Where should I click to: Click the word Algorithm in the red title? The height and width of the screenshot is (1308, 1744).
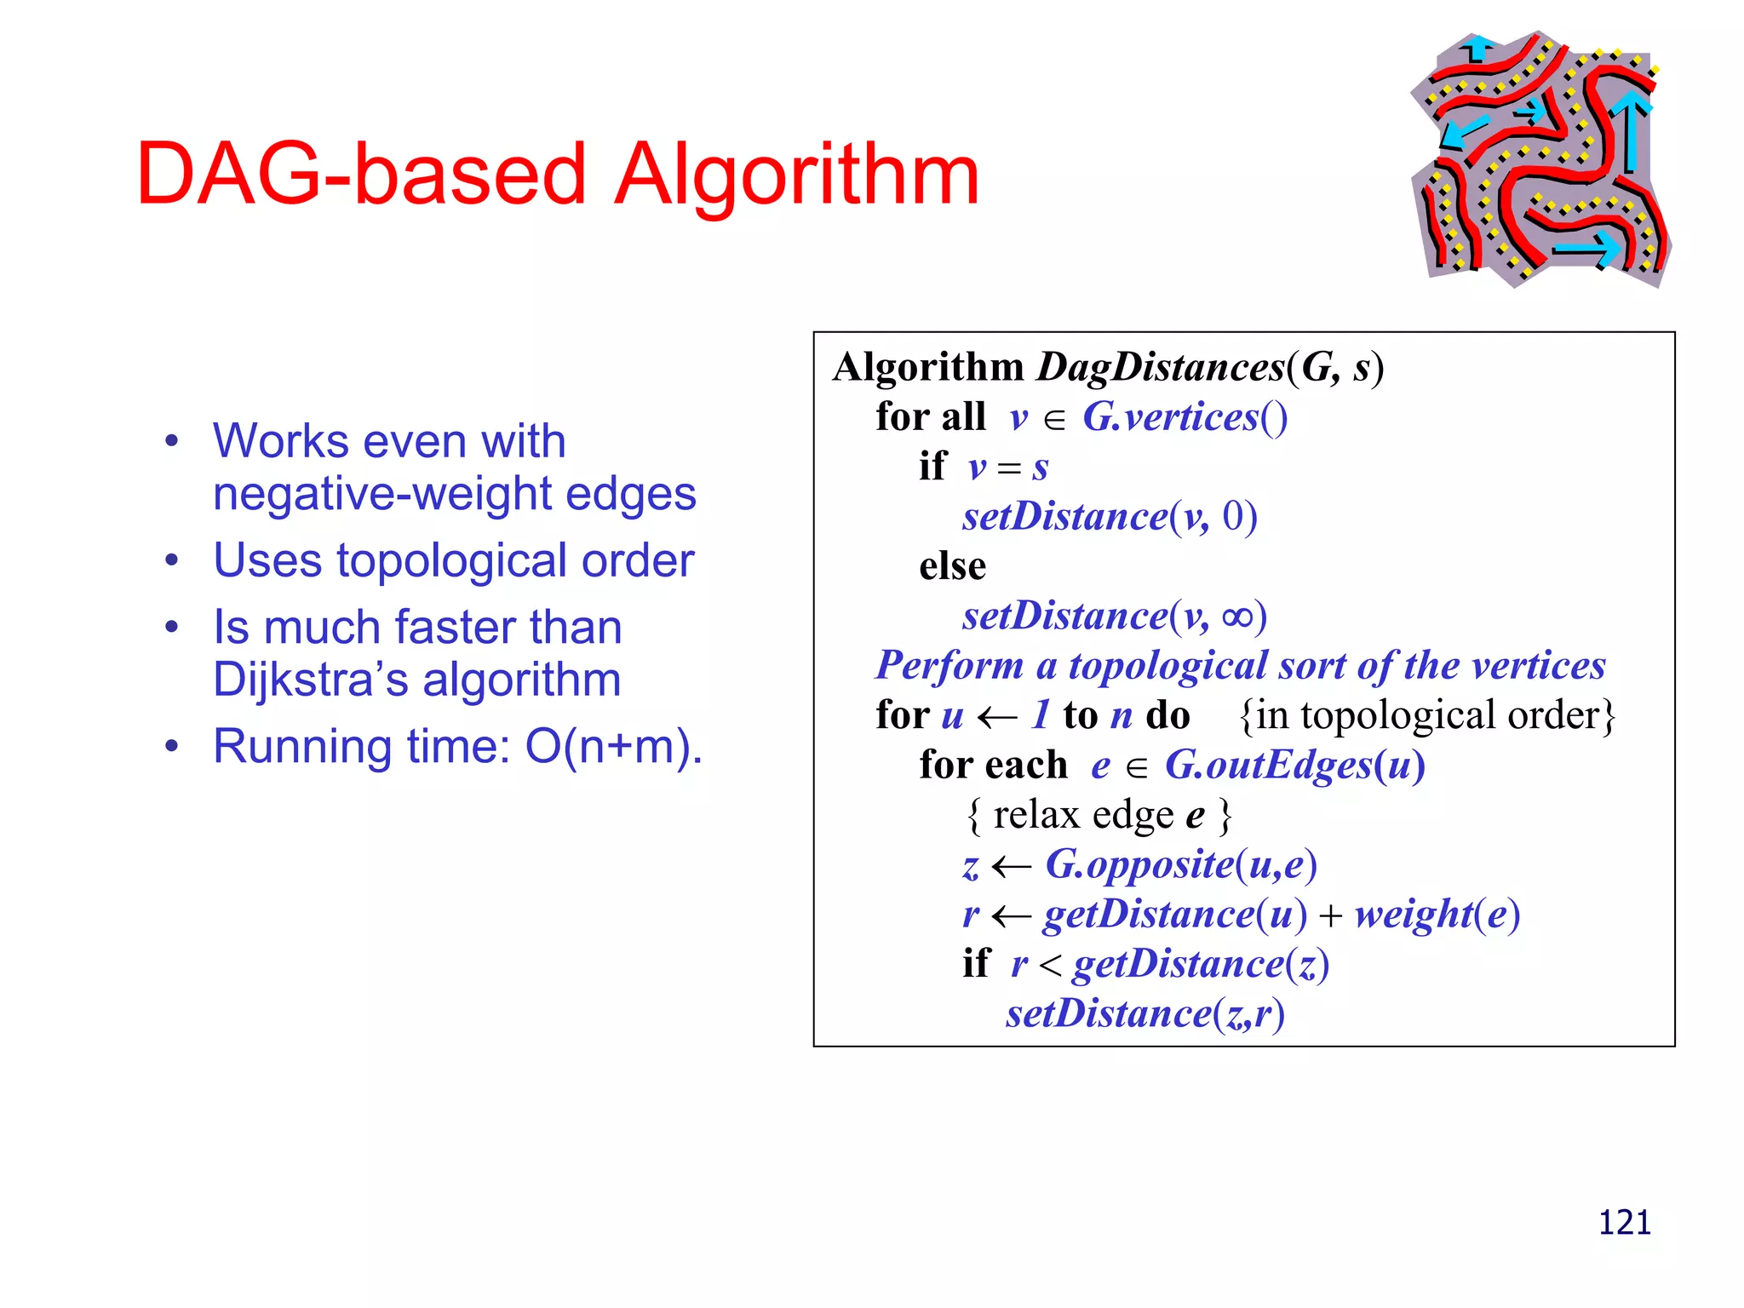coord(796,175)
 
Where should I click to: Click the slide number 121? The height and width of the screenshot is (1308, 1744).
coord(1624,1223)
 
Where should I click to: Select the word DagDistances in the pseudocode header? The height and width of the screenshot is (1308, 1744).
coord(1161,367)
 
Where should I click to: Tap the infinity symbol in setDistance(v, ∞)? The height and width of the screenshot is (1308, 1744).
coord(1237,616)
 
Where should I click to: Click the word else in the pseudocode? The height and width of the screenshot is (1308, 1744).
coord(952,566)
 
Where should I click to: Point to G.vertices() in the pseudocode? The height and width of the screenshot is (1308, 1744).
coord(1185,417)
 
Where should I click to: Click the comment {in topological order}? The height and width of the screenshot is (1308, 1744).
coord(1427,715)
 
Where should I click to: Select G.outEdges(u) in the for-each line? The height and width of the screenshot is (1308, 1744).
coord(1294,765)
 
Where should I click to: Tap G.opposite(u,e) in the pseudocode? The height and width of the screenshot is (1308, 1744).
coord(1181,864)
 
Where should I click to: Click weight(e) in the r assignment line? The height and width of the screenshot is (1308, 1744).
coord(1437,915)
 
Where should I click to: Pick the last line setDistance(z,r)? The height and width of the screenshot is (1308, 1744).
coord(1144,1013)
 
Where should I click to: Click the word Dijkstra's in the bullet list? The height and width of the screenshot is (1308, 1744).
coord(312,680)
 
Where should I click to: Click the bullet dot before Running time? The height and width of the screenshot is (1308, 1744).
coord(173,747)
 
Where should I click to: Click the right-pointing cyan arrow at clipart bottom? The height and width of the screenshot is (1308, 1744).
coord(1586,249)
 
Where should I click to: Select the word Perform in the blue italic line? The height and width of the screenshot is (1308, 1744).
coord(949,666)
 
